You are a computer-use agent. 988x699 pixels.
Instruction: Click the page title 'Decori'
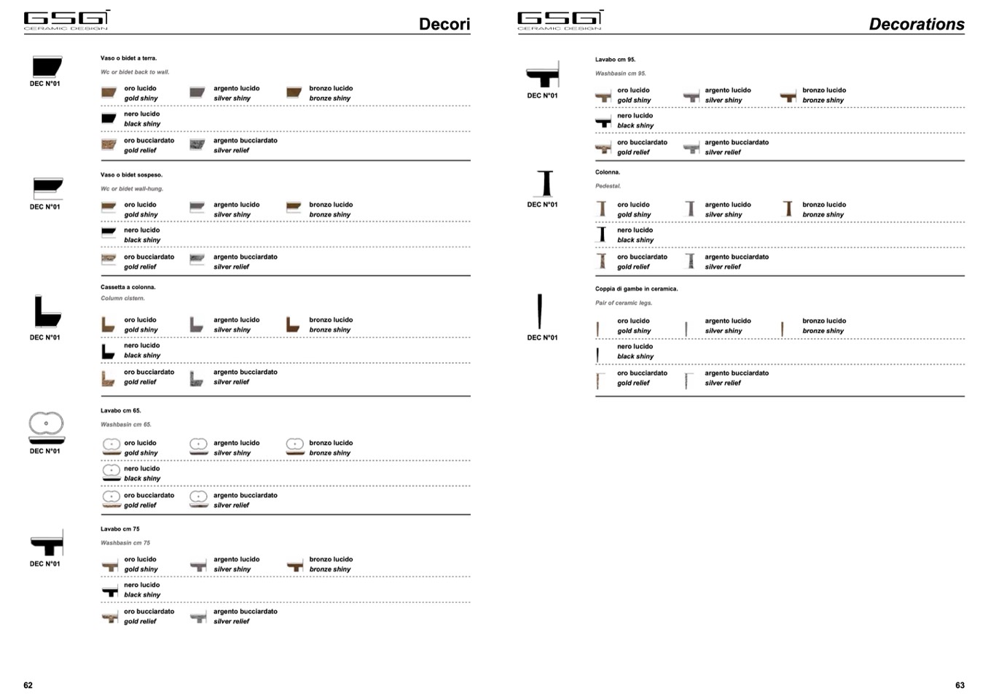pyautogui.click(x=444, y=24)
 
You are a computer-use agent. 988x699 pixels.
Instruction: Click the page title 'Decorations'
pyautogui.click(x=916, y=24)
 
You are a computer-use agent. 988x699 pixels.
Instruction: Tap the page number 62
pyautogui.click(x=28, y=685)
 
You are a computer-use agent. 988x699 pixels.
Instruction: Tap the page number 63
pyautogui.click(x=960, y=685)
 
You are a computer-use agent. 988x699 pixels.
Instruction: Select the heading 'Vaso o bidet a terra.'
pyautogui.click(x=128, y=58)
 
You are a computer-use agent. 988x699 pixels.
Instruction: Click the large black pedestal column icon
pyautogui.click(x=546, y=184)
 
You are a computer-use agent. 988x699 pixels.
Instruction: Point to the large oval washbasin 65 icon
pyautogui.click(x=46, y=426)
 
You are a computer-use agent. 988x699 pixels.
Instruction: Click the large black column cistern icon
pyautogui.click(x=47, y=312)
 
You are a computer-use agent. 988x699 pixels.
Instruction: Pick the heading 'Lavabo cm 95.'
pyautogui.click(x=615, y=60)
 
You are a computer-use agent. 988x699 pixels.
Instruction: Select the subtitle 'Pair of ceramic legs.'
pyautogui.click(x=623, y=303)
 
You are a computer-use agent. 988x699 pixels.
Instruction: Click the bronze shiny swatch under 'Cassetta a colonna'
pyautogui.click(x=293, y=325)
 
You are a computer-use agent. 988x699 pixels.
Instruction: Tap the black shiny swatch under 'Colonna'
pyautogui.click(x=602, y=235)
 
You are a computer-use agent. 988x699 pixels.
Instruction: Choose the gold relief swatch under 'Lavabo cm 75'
pyautogui.click(x=110, y=617)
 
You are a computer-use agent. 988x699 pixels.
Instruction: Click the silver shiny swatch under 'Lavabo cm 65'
pyautogui.click(x=198, y=447)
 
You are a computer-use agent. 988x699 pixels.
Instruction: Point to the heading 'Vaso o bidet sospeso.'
pyautogui.click(x=131, y=175)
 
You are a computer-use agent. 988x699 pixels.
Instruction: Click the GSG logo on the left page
pyautogui.click(x=66, y=20)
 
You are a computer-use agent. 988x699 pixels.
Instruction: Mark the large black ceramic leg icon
pyautogui.click(x=540, y=311)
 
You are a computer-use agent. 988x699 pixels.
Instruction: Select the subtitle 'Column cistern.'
pyautogui.click(x=122, y=298)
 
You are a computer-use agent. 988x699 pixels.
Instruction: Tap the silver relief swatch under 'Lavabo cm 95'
pyautogui.click(x=691, y=149)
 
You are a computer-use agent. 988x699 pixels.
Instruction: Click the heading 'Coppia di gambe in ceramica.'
pyautogui.click(x=636, y=289)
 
